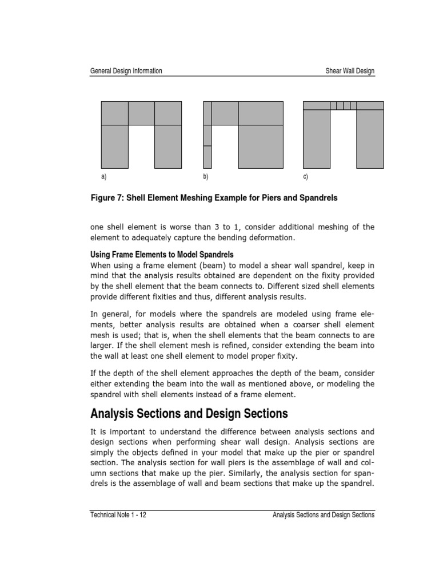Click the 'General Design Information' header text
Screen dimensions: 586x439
pos(126,71)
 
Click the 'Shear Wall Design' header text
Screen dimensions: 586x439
pos(350,71)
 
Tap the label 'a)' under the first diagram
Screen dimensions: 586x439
pos(103,177)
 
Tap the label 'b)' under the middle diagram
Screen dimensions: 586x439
pos(206,177)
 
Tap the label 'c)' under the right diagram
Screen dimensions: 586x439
pos(306,177)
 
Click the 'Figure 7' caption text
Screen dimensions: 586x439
pos(214,198)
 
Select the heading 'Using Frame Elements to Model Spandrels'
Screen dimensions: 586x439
pos(162,254)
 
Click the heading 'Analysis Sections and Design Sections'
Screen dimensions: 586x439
pos(189,413)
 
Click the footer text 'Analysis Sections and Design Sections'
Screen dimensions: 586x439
pos(324,515)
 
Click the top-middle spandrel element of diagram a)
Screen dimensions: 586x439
pos(141,113)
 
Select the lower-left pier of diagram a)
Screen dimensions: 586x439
pos(114,146)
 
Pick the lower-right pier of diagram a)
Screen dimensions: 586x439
pos(168,146)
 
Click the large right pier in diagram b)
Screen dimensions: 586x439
pos(261,146)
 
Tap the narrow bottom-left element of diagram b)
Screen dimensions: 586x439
pos(207,157)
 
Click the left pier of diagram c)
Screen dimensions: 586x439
pos(317,139)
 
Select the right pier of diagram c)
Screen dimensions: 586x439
pos(370,139)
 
